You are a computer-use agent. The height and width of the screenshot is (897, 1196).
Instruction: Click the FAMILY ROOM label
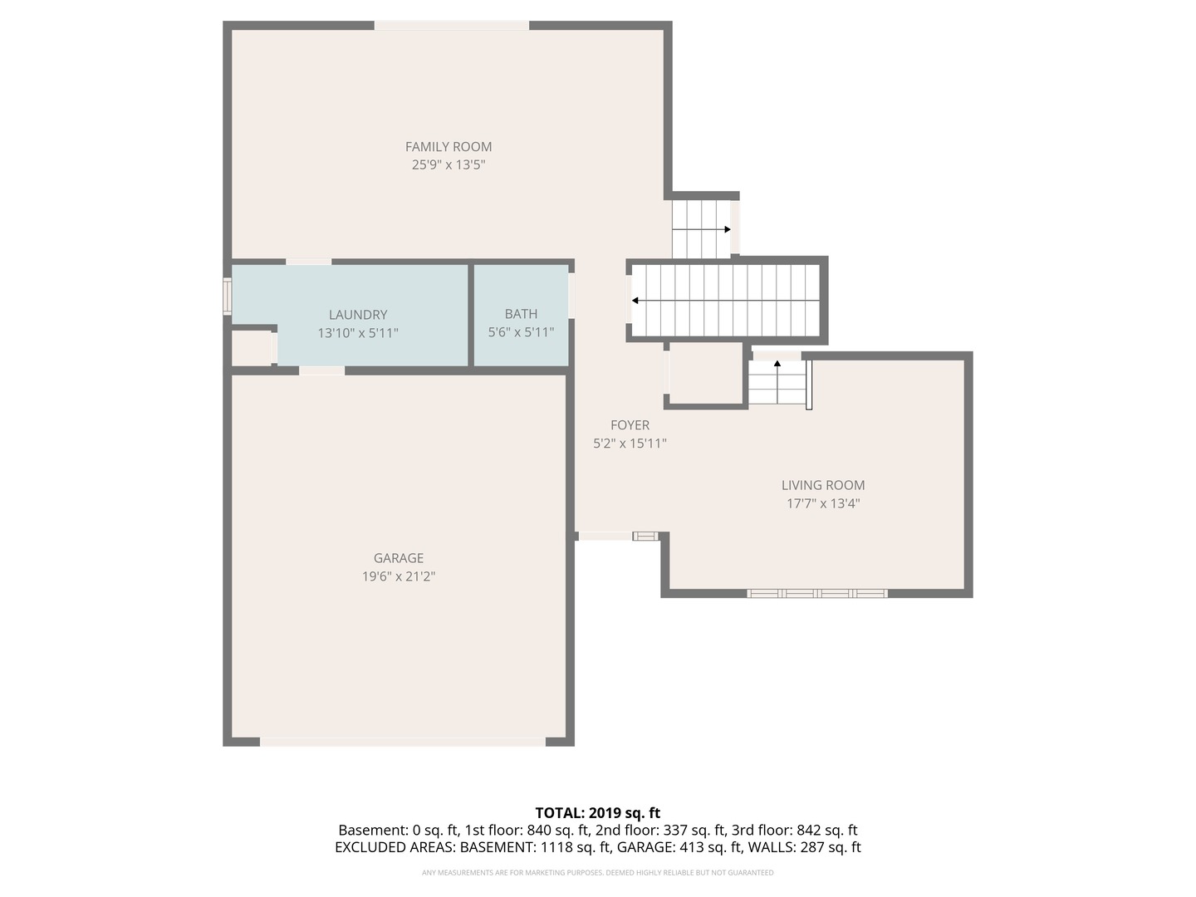[448, 146]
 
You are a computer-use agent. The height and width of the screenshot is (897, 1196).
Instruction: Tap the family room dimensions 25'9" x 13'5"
[448, 164]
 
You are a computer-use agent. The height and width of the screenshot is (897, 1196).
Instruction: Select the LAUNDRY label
[358, 314]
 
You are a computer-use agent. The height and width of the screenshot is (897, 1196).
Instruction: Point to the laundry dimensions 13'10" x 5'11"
[358, 333]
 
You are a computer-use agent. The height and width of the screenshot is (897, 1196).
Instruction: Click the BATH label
[521, 314]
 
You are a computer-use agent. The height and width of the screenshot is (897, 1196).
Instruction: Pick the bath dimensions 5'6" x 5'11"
[521, 331]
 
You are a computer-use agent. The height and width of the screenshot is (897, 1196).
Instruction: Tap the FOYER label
[630, 424]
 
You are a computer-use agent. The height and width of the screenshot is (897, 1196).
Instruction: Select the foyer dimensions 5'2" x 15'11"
[630, 444]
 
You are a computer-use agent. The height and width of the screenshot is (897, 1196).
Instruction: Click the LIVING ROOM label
[823, 485]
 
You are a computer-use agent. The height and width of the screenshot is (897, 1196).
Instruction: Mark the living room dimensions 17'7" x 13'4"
[823, 503]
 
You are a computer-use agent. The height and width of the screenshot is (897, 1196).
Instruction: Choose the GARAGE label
[399, 557]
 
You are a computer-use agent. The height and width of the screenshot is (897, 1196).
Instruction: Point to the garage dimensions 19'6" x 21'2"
[399, 576]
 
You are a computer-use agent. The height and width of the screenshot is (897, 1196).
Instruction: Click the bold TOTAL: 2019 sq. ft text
[598, 812]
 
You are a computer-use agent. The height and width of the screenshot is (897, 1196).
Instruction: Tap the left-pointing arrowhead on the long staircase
[635, 301]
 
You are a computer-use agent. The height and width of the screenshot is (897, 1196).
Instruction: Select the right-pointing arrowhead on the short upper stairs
[728, 229]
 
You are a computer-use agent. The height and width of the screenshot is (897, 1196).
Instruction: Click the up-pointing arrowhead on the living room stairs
[777, 363]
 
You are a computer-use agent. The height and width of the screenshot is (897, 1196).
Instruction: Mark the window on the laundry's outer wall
[228, 297]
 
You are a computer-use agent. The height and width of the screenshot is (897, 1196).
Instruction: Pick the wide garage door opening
[403, 742]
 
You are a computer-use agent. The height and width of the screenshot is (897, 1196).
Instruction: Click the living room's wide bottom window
[816, 594]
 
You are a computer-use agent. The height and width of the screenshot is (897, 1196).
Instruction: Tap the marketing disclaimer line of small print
[598, 872]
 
